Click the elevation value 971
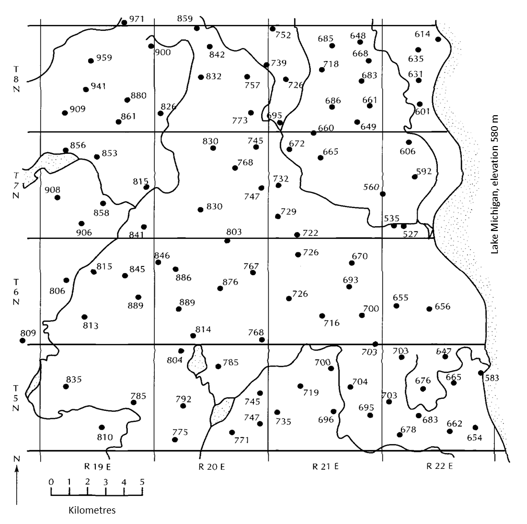click(x=137, y=19)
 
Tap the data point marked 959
click(x=91, y=60)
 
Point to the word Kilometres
click(x=88, y=509)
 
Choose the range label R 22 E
click(x=440, y=466)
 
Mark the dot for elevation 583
click(x=480, y=373)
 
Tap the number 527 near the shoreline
click(x=411, y=234)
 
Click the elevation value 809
click(x=28, y=332)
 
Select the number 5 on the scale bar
click(x=142, y=482)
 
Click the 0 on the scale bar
click(x=51, y=482)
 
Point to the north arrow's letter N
click(x=17, y=458)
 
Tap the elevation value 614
click(x=423, y=34)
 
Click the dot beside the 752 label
click(x=273, y=29)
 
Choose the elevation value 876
click(x=230, y=282)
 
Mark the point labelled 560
click(x=383, y=194)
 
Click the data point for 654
click(x=475, y=428)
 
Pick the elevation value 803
click(x=234, y=231)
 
